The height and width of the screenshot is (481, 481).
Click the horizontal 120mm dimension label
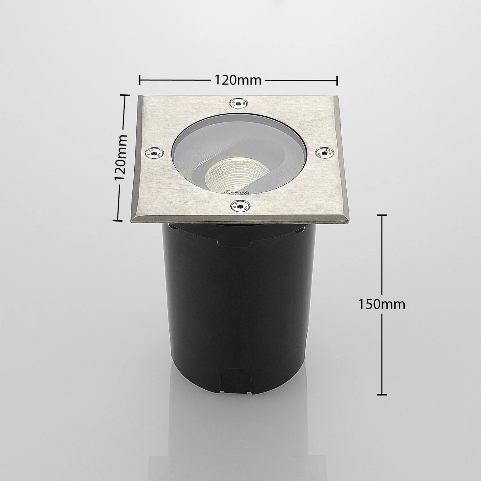click(238, 80)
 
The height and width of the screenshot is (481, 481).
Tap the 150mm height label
click(382, 304)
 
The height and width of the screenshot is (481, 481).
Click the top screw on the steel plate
click(238, 104)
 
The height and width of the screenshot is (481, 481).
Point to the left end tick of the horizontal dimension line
click(140, 80)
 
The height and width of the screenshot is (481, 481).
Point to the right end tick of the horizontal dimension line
click(337, 80)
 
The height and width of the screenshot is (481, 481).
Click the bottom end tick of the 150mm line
click(381, 394)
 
